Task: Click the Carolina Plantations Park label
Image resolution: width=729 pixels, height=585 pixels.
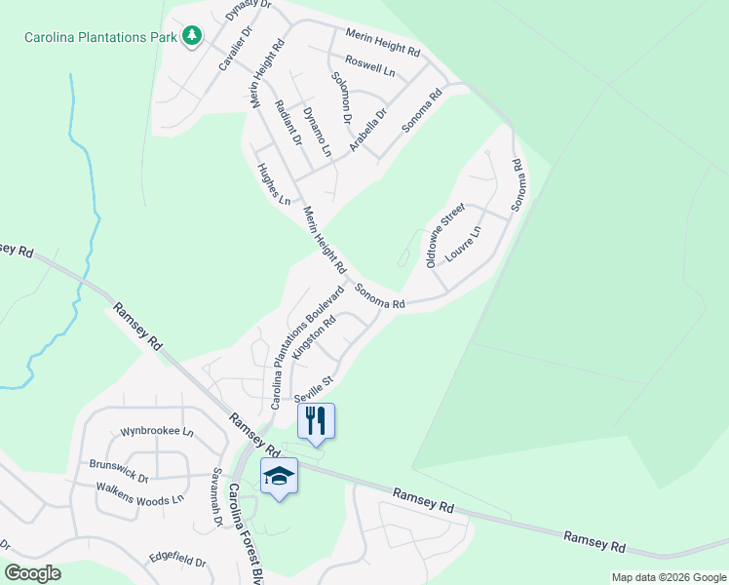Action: click(x=100, y=37)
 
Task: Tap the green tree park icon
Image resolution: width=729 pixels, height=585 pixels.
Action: click(x=192, y=37)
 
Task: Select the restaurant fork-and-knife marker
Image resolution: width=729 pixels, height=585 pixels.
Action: click(x=316, y=420)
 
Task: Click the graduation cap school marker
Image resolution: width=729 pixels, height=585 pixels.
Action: click(x=279, y=476)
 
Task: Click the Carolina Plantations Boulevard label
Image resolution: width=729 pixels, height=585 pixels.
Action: click(x=307, y=346)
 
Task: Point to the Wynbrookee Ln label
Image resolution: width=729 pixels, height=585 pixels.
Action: click(x=157, y=431)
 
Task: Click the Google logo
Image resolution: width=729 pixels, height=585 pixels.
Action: click(x=32, y=572)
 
